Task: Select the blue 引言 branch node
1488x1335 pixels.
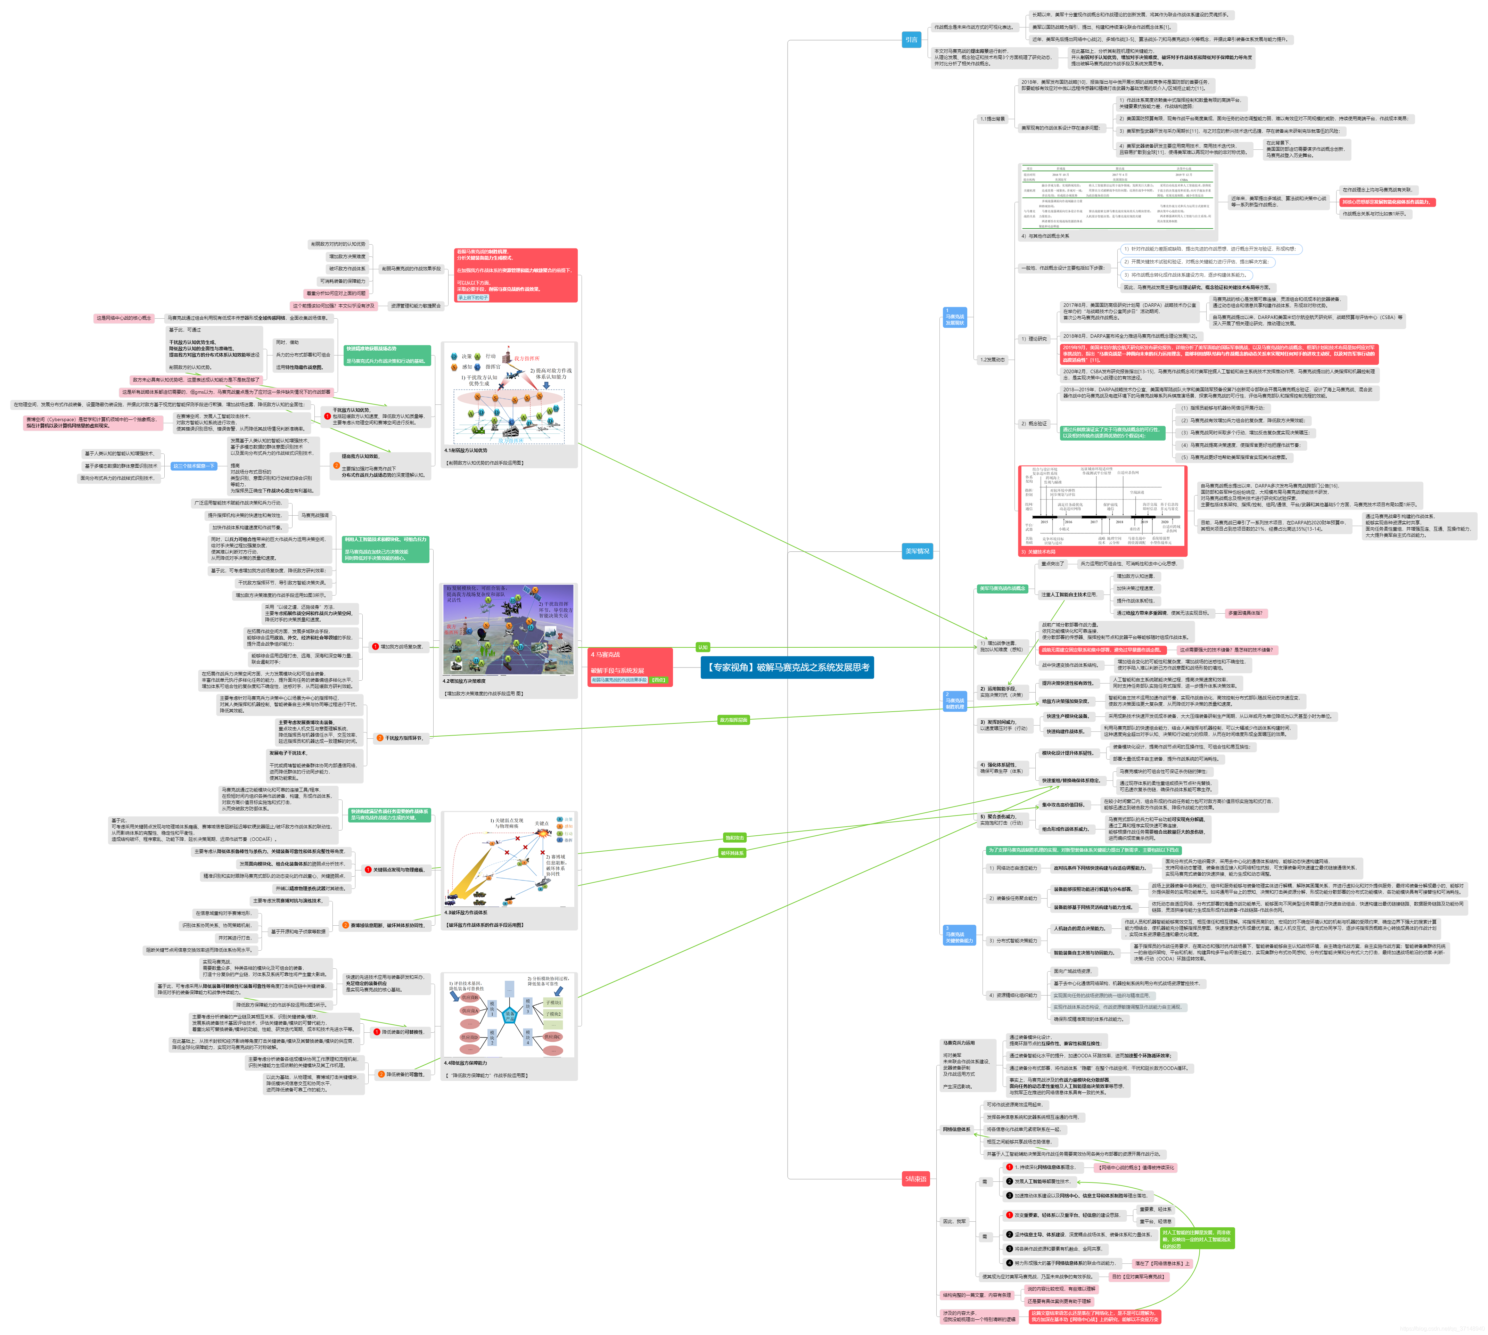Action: (x=911, y=40)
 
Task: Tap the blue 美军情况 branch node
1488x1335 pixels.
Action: (x=917, y=551)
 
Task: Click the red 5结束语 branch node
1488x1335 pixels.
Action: (x=915, y=1179)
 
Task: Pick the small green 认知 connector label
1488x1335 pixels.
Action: (x=702, y=647)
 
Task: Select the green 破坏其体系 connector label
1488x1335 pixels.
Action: (x=732, y=853)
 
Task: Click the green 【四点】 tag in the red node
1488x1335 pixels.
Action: (x=659, y=680)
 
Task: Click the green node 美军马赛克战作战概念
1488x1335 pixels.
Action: (x=1002, y=588)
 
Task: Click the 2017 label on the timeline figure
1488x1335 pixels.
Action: (x=1093, y=522)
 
